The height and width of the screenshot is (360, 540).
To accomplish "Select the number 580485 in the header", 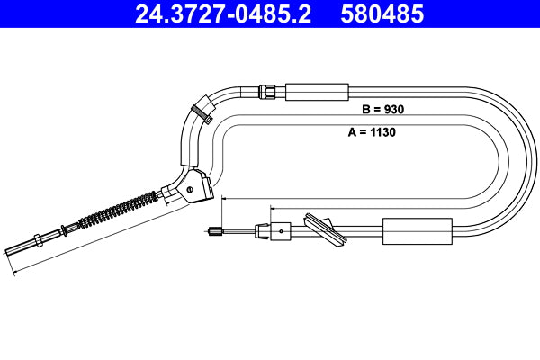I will (382, 15).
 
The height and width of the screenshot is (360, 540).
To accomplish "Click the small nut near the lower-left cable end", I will (38, 240).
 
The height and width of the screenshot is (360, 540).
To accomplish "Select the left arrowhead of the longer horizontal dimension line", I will (222, 197).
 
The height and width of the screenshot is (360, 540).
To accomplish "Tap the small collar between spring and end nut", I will (63, 229).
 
